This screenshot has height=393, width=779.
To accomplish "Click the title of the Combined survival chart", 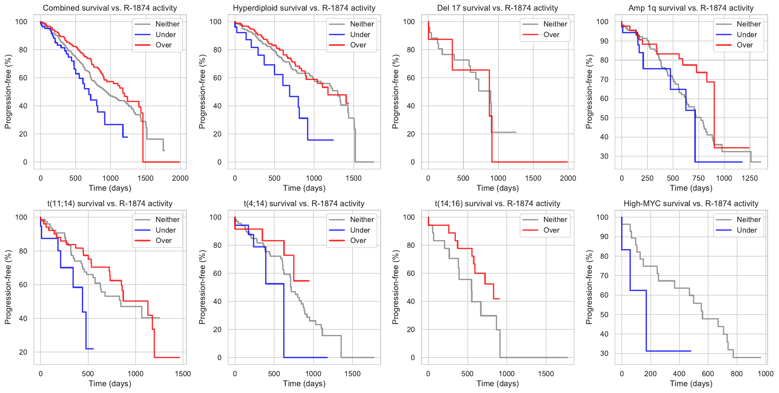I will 110,8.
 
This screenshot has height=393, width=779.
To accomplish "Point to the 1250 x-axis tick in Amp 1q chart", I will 750,178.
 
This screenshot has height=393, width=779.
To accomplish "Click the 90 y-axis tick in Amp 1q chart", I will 604,41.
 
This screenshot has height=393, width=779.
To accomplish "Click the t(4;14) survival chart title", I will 304,204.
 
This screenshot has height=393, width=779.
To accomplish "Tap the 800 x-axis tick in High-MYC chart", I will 737,374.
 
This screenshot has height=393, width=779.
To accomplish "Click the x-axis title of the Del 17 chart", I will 497,188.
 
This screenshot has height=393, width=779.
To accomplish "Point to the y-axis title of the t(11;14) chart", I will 8,287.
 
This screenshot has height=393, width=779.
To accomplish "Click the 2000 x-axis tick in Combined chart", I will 180,178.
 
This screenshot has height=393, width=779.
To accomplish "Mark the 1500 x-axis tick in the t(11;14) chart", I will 183,374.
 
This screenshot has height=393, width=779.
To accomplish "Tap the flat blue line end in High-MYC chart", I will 690,351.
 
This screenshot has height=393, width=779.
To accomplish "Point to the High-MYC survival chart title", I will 691,204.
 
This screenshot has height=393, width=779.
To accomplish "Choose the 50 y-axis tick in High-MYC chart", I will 604,315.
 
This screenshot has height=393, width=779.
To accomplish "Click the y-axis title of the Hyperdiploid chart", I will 202,92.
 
